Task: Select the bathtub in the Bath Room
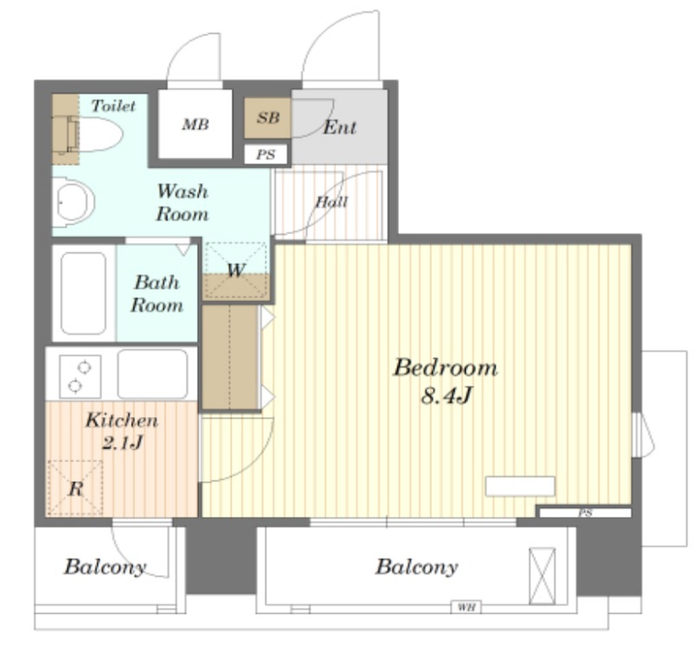(x=83, y=293)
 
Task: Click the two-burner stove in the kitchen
(x=80, y=376)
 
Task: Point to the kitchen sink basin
(x=153, y=375)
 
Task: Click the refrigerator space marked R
(x=75, y=488)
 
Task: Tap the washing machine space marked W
(x=236, y=270)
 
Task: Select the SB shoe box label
(x=268, y=118)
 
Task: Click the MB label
(x=195, y=124)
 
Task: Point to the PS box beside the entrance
(x=265, y=154)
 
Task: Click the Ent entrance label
(x=339, y=127)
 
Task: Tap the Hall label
(x=331, y=202)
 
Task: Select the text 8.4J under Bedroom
(x=446, y=395)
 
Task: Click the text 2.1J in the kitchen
(x=122, y=442)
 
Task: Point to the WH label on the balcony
(x=466, y=607)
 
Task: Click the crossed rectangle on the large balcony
(x=542, y=576)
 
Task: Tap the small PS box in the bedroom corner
(x=585, y=512)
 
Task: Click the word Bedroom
(x=445, y=368)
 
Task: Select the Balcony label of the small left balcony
(x=105, y=567)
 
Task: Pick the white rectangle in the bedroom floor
(x=520, y=486)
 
